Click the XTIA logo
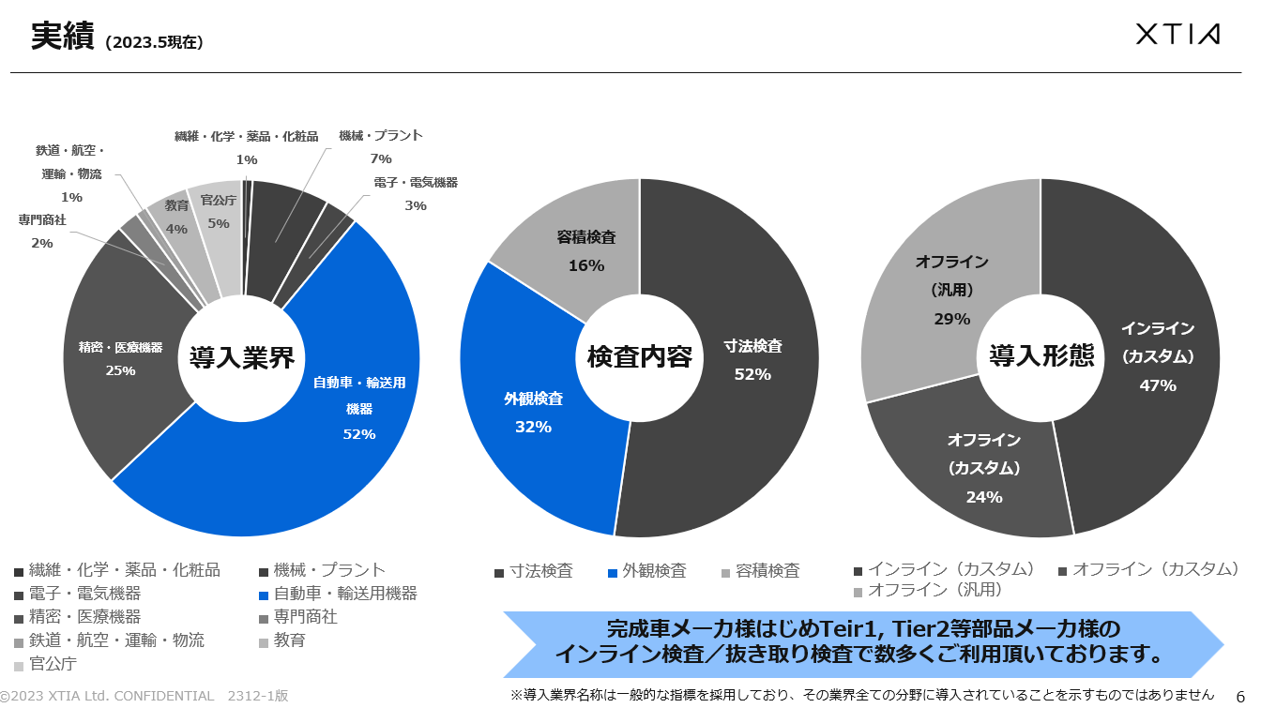coord(1177,35)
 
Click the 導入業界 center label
coord(242,357)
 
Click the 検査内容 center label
coord(639,357)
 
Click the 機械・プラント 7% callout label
coord(381,146)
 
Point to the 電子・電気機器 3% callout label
coord(416,193)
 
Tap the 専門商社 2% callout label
coord(42,231)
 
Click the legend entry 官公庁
coord(53,664)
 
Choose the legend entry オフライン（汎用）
coord(934,590)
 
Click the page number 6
coord(1240,695)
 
